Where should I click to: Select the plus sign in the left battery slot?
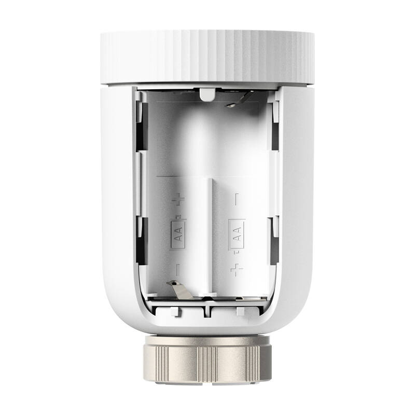(178, 199)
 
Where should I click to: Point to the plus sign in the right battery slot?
(237, 269)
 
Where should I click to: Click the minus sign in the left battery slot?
(178, 270)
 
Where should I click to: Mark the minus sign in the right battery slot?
(237, 198)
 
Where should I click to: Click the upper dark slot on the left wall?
(140, 125)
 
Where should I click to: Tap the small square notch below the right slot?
(240, 311)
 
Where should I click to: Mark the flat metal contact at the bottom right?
(244, 299)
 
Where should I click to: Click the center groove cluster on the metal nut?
(208, 360)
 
